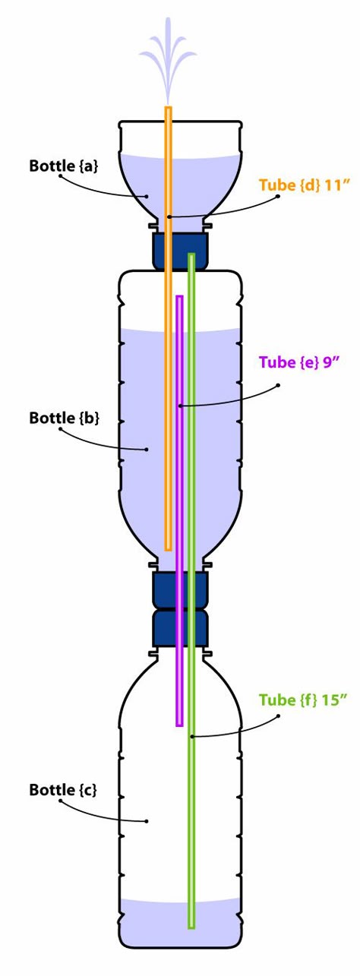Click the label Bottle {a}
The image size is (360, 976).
[64, 166]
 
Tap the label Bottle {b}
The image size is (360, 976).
[64, 418]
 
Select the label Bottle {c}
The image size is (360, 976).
[63, 789]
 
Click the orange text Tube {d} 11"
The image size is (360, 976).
[305, 185]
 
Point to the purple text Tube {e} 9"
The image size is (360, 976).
[299, 362]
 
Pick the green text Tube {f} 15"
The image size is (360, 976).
[304, 700]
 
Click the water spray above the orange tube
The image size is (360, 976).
[168, 60]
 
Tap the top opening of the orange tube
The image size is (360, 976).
[169, 107]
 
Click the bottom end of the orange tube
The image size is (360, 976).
[169, 549]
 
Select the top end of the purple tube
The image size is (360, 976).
[179, 297]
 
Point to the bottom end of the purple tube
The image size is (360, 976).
[179, 725]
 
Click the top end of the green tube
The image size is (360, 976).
[191, 254]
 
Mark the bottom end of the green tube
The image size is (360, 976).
[191, 926]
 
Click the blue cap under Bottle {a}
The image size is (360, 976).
[179, 251]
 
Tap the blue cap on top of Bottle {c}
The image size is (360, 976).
[179, 627]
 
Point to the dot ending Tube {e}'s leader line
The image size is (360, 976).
[179, 406]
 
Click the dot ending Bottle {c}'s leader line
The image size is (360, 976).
[147, 821]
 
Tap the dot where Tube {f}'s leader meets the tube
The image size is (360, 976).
[191, 736]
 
